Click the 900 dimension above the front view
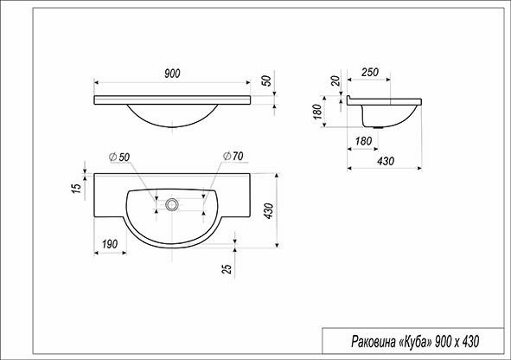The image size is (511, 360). point(172,74)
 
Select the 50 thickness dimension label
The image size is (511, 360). point(266,80)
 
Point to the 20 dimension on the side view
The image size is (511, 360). point(335,80)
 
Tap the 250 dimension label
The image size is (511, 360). point(370,72)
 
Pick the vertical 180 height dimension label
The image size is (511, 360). point(317,112)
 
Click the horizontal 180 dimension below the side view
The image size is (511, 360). point(363,141)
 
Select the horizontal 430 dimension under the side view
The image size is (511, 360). point(386,161)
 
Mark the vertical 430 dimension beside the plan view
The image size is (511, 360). point(269,210)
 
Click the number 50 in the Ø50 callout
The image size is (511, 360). point(125,157)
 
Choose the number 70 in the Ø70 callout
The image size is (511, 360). point(238,156)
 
